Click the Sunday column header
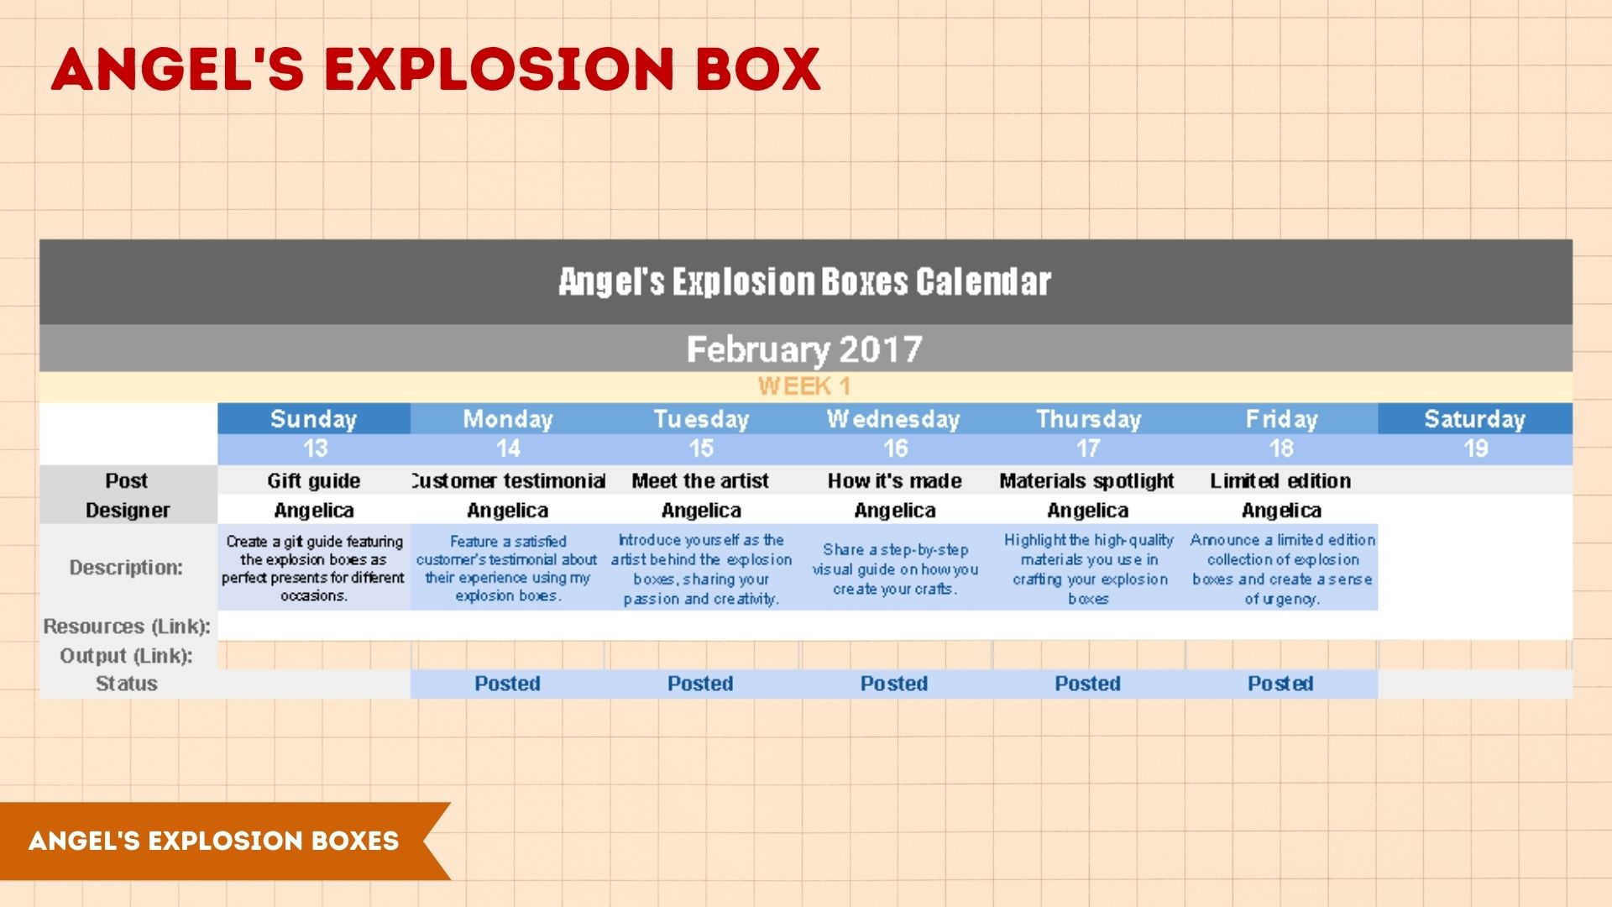coord(314,419)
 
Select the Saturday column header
coord(1474,419)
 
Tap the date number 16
coord(895,448)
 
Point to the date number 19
coord(1475,448)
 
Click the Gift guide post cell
coord(314,480)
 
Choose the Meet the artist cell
coord(700,480)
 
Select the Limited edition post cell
coord(1280,480)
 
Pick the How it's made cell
coord(894,480)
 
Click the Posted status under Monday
coord(507,684)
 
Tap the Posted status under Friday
coord(1280,684)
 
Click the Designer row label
coord(128,511)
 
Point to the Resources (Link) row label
coord(127,627)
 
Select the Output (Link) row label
coord(126,656)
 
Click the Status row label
coord(127,684)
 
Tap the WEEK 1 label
coord(804,386)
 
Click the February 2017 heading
coord(804,349)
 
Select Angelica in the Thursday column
coord(1088,511)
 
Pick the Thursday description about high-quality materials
coord(1089,569)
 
